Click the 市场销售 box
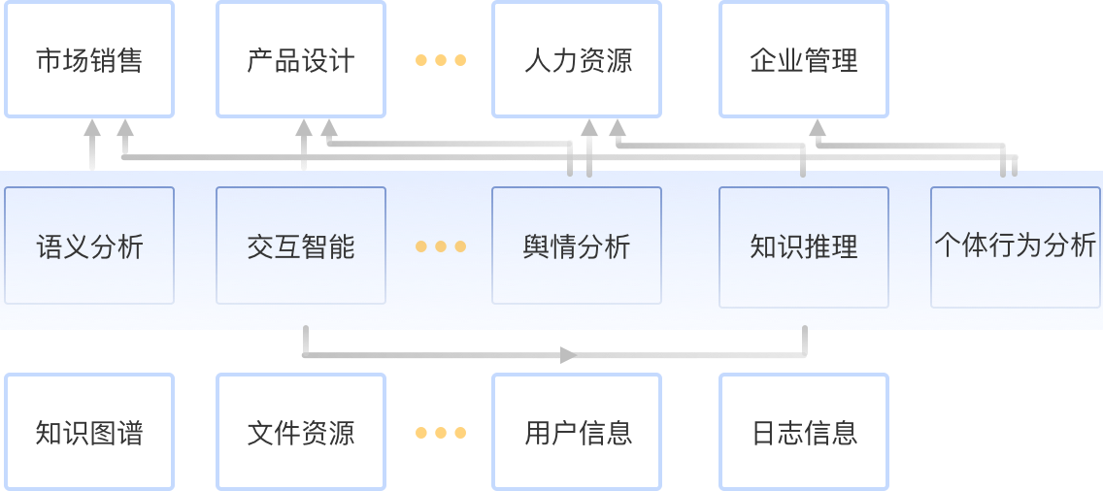click(89, 60)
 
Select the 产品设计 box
click(301, 60)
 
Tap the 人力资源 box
click(577, 60)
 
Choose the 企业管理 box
click(804, 60)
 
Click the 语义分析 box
click(89, 246)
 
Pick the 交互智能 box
click(301, 246)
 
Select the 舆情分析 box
click(577, 246)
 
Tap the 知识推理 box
click(804, 246)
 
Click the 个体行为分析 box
click(1015, 246)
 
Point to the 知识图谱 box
click(89, 432)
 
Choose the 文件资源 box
click(301, 432)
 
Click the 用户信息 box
click(577, 432)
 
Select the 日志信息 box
click(804, 432)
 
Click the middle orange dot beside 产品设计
click(441, 60)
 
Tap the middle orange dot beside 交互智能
click(441, 246)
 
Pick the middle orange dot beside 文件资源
click(441, 433)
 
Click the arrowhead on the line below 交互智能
click(568, 355)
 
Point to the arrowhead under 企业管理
click(818, 127)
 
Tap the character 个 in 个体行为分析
click(947, 245)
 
